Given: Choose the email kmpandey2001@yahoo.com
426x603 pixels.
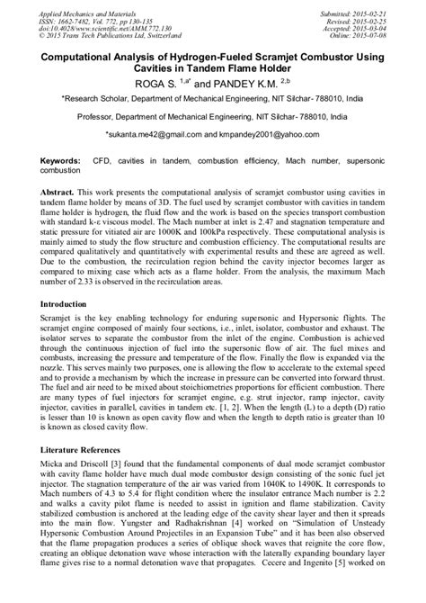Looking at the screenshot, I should [272, 133].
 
